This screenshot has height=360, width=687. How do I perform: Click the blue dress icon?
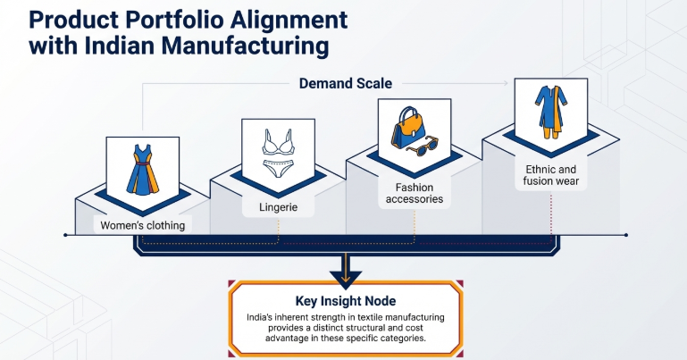click(x=142, y=170)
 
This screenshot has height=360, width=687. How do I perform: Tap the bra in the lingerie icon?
click(x=278, y=141)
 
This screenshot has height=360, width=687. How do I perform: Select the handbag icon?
click(x=408, y=128)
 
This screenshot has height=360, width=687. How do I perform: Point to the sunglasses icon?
click(x=423, y=147)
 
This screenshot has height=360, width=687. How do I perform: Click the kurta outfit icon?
click(x=550, y=113)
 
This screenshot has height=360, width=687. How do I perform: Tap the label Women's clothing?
click(x=143, y=225)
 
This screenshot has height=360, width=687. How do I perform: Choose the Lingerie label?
click(x=278, y=207)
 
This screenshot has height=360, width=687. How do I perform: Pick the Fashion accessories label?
click(x=415, y=193)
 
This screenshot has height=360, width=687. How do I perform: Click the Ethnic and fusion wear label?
click(x=550, y=175)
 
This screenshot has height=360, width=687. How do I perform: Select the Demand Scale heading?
click(x=346, y=83)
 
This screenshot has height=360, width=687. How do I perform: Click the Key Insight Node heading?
click(x=346, y=301)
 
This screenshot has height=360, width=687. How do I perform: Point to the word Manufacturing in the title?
click(x=246, y=46)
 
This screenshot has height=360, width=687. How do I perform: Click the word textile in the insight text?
click(x=372, y=317)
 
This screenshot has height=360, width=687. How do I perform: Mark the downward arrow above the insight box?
click(x=346, y=272)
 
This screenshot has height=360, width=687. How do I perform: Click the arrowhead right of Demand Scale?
click(x=506, y=83)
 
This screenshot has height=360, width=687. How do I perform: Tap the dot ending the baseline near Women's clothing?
click(x=66, y=235)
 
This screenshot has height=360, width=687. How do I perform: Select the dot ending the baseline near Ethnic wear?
click(x=626, y=235)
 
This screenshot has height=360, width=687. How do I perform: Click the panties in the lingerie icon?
click(x=278, y=169)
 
